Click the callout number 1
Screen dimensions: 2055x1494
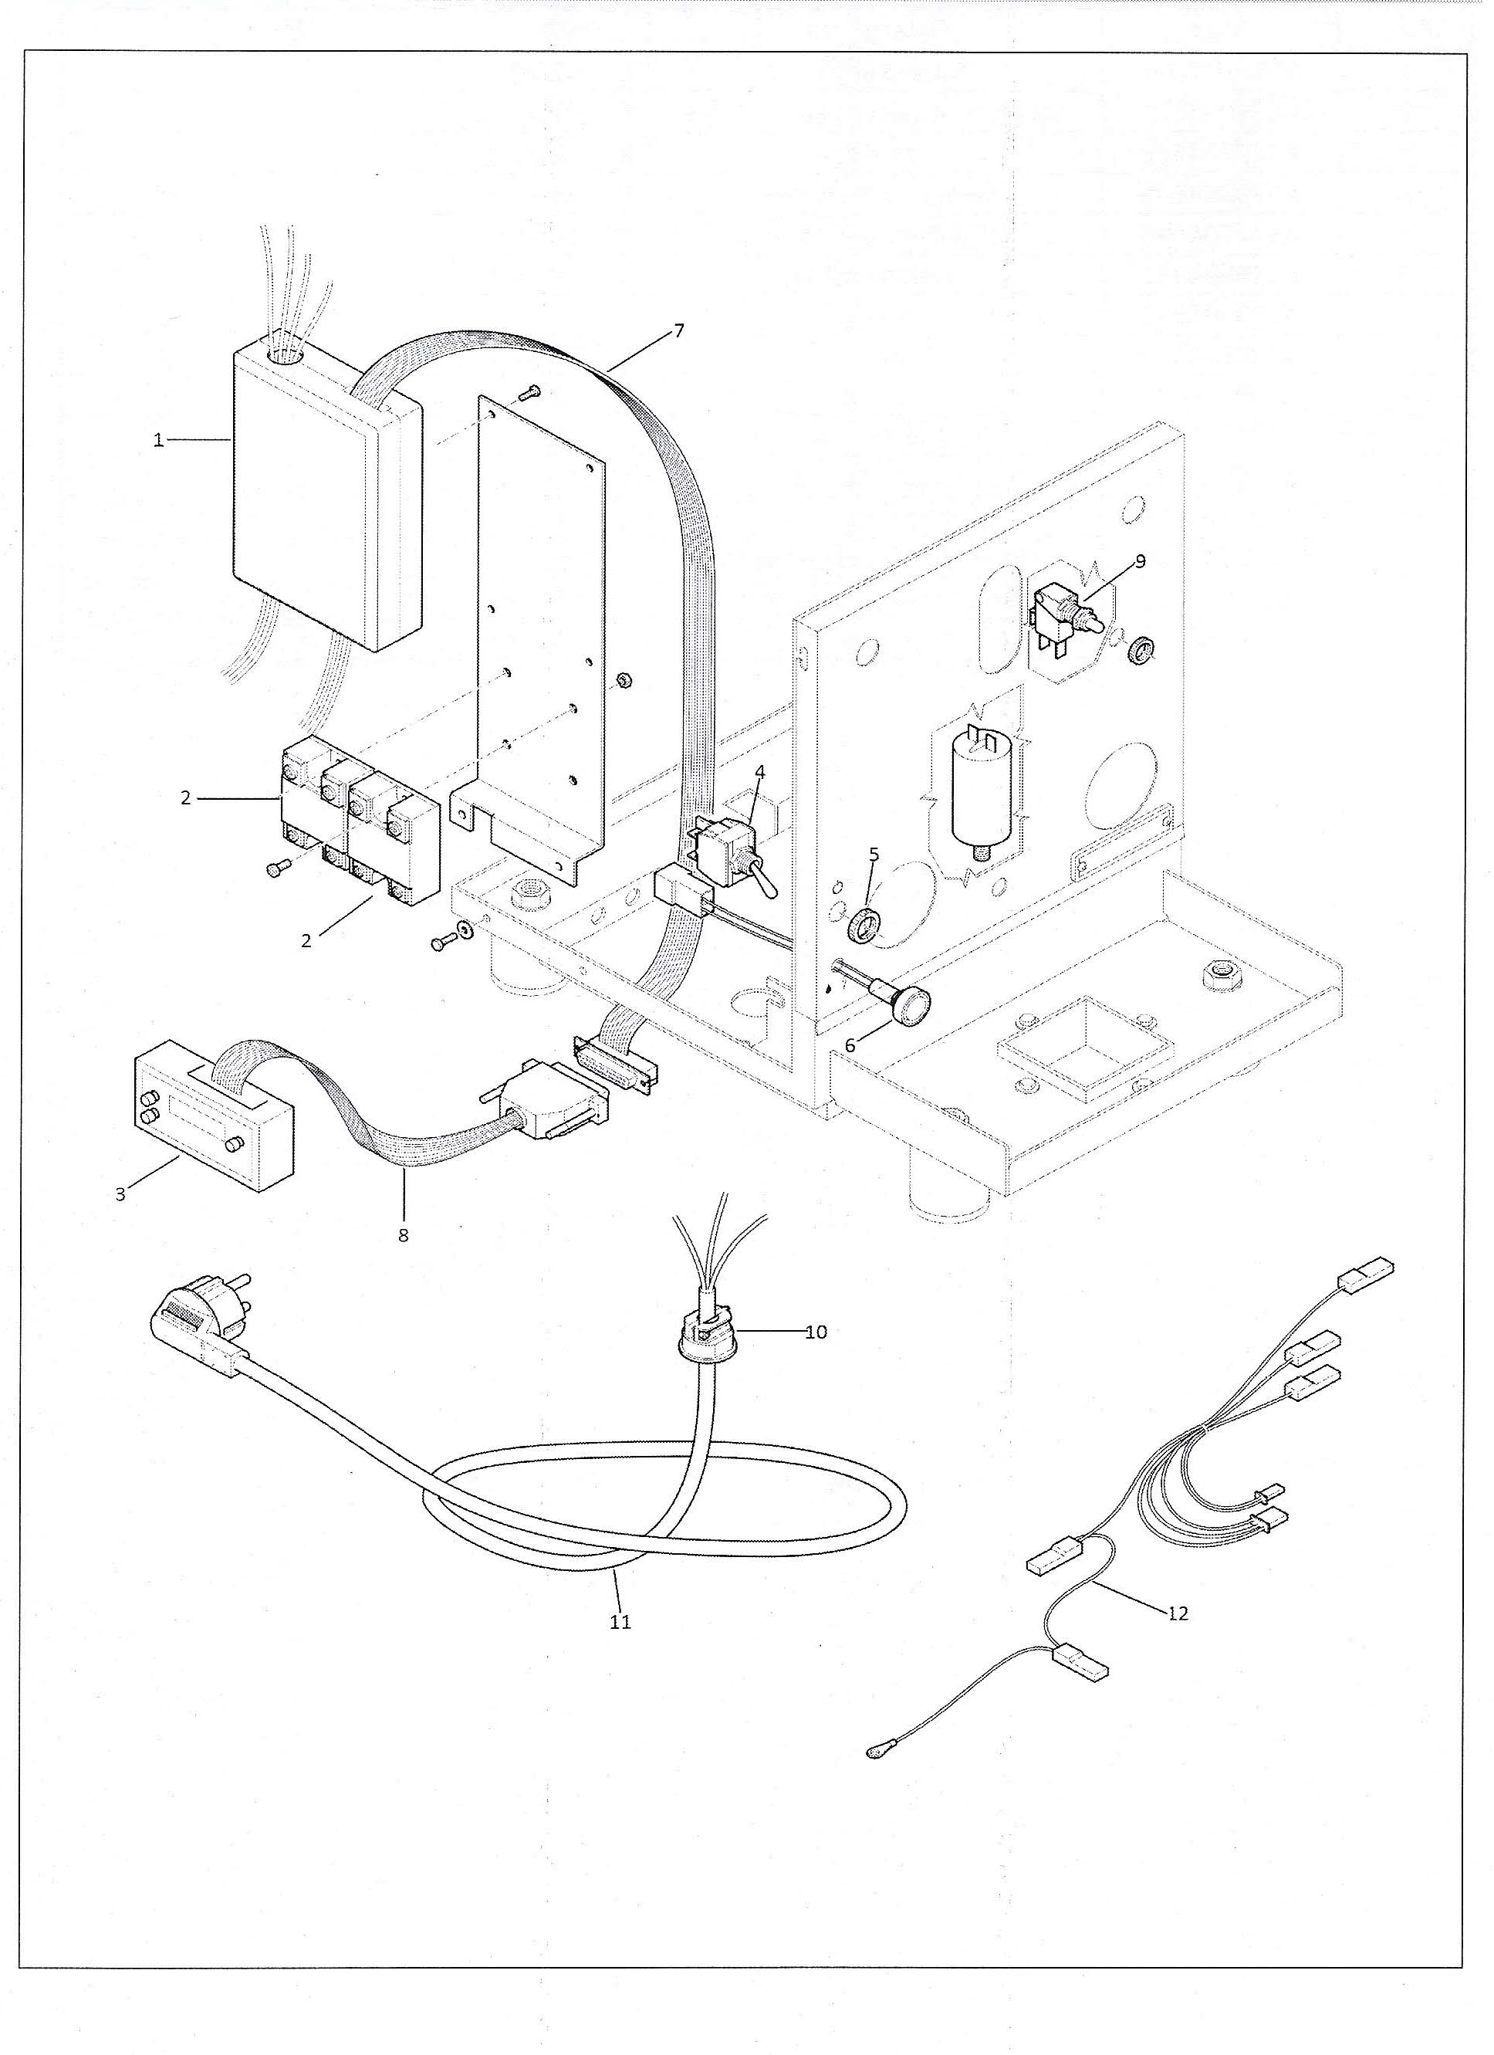pos(158,442)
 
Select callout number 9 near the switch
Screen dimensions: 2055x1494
pos(1140,562)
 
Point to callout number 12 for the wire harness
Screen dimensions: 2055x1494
pos(1178,1613)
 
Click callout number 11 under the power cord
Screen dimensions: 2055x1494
pos(620,1621)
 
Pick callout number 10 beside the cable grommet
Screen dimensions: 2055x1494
pos(816,1332)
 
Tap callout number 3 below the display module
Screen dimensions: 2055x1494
pos(120,1194)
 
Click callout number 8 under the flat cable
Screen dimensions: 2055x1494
pos(403,1235)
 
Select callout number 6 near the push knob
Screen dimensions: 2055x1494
pos(850,1044)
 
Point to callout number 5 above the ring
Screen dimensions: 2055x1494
pos(874,855)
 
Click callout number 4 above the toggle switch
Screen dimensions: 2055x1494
pos(759,772)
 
